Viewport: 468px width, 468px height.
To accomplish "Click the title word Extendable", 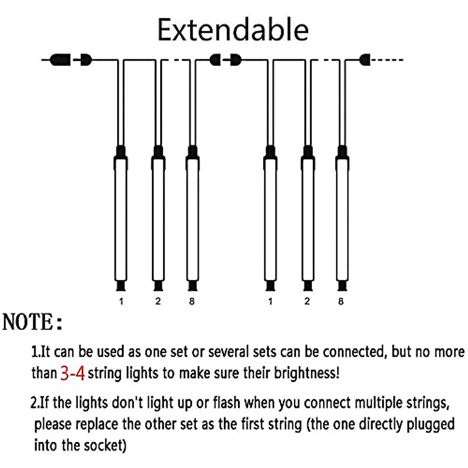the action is click(233, 30).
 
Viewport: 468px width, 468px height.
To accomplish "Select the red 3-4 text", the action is click(73, 373).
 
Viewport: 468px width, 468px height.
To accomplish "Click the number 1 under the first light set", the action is click(121, 301).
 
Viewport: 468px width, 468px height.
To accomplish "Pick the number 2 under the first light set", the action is click(158, 301).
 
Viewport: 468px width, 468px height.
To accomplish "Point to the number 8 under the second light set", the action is click(341, 301).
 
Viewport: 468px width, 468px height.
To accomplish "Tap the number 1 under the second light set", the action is click(270, 301).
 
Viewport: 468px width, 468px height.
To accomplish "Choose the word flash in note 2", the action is click(227, 402).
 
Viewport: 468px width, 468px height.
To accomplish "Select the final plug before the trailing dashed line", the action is click(365, 60).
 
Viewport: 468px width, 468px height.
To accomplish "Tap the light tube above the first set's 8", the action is click(192, 218).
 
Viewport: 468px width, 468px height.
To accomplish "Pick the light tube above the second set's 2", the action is click(308, 218).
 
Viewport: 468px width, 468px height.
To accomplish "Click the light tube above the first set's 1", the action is click(121, 218).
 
